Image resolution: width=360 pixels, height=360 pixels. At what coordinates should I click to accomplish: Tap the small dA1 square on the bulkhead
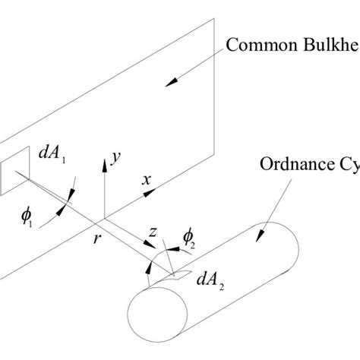click(x=16, y=174)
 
